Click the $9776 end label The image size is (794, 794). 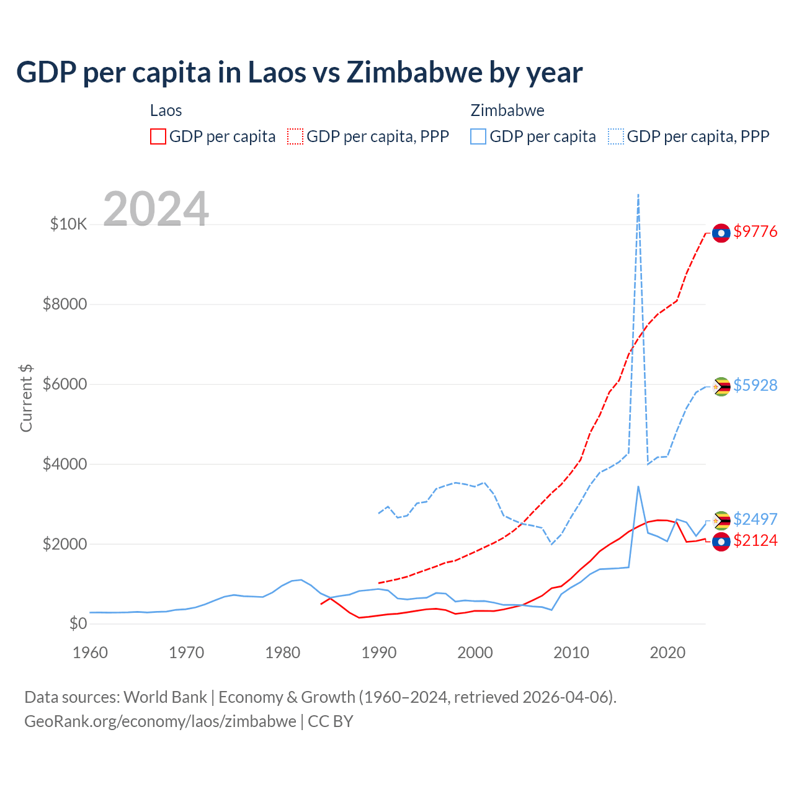755,231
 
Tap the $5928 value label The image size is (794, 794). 755,385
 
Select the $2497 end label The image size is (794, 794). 755,519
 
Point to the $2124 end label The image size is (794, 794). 755,541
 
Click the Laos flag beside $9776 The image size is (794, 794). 721,233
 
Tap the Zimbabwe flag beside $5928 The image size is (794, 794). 721,386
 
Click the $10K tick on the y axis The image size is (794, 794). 68,224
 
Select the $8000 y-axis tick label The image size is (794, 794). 65,304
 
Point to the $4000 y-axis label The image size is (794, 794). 65,464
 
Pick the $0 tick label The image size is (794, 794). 78,623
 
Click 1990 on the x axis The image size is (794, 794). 379,653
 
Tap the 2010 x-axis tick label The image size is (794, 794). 571,653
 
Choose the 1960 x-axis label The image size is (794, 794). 91,653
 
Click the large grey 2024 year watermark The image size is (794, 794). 156,209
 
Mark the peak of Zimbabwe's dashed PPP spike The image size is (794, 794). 638,195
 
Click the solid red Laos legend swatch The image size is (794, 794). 158,136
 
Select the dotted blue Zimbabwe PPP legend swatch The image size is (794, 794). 616,136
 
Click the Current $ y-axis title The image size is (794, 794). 26,398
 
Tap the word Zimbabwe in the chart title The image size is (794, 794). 414,72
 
